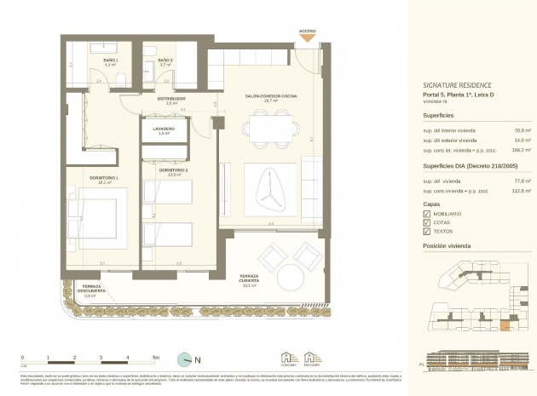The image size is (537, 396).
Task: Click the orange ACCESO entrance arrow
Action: click(x=307, y=38)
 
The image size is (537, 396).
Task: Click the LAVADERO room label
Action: click(x=164, y=129)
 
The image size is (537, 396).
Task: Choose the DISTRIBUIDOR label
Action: click(x=171, y=99)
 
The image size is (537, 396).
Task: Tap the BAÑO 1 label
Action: click(x=110, y=60)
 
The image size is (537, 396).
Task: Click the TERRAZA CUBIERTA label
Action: click(x=249, y=282)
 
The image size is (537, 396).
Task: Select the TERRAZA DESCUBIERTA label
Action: click(x=89, y=291)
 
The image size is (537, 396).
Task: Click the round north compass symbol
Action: click(x=184, y=361)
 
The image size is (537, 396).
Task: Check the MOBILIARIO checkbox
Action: click(x=427, y=214)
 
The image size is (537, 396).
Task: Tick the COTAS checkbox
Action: click(x=427, y=222)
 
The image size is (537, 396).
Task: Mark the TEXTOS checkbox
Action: click(x=427, y=232)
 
